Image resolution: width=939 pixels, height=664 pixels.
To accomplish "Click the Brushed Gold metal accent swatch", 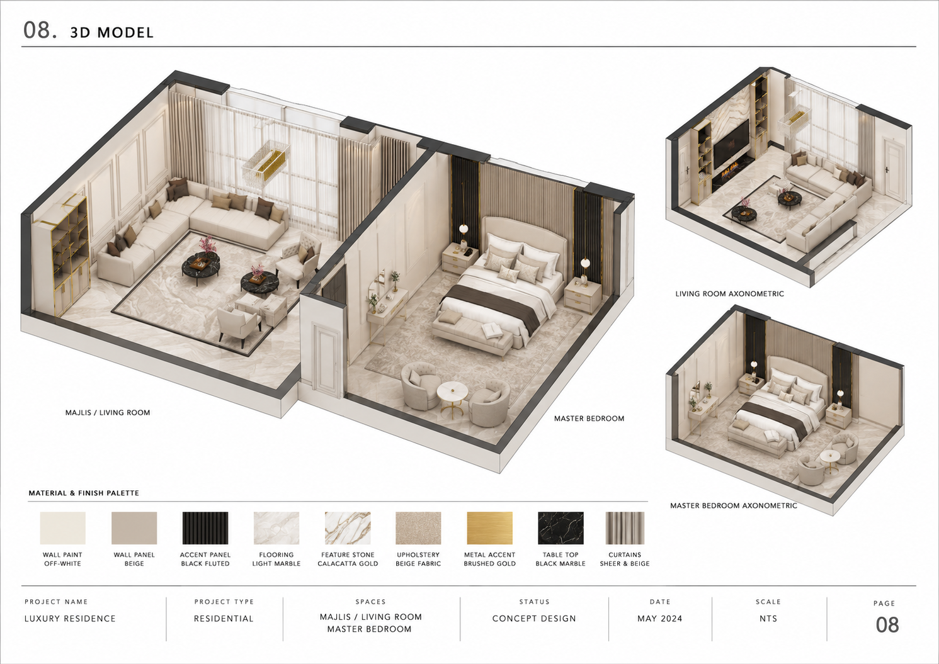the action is (x=489, y=528).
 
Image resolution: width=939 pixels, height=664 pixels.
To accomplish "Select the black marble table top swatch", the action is (x=561, y=528).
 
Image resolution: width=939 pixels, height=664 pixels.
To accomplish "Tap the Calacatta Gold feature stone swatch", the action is (x=348, y=528).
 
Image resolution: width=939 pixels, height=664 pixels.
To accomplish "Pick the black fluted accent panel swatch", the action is (x=205, y=528).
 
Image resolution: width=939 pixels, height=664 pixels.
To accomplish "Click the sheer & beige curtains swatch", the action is (x=625, y=528).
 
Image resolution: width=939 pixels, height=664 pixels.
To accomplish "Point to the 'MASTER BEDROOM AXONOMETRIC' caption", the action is (x=734, y=505).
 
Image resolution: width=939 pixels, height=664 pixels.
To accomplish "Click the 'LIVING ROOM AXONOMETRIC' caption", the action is (x=729, y=294).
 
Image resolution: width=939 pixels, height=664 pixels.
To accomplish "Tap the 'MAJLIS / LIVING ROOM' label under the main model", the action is (x=108, y=413).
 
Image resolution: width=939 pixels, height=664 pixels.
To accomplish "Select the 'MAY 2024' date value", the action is (x=660, y=619).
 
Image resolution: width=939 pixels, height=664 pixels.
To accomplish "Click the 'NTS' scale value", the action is (x=768, y=619).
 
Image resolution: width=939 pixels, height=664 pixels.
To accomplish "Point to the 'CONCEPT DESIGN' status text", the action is (x=534, y=619).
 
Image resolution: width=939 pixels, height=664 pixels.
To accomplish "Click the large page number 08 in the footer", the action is (x=887, y=625).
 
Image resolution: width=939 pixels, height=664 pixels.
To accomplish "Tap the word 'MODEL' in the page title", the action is (x=125, y=33).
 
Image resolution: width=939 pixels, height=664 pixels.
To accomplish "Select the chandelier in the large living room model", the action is (x=266, y=161).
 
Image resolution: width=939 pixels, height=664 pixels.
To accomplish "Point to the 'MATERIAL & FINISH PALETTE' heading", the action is (x=84, y=493).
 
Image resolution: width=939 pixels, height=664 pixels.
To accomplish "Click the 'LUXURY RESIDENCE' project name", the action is (x=70, y=619).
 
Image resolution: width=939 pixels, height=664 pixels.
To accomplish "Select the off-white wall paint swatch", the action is (x=63, y=528).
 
